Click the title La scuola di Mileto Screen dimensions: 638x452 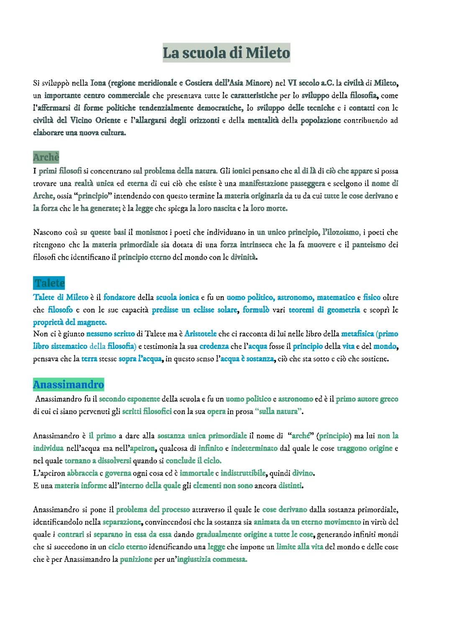226,53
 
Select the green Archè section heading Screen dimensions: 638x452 46,157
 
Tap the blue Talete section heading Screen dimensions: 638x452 49,283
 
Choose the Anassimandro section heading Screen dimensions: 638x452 68,384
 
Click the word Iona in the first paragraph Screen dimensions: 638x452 98,83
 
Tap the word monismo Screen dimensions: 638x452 151,232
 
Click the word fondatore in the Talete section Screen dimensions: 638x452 119,297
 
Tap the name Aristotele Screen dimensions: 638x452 200,334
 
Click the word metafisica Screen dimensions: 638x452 357,334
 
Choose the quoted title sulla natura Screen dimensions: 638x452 278,412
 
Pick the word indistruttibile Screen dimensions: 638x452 243,473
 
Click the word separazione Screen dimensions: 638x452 122,522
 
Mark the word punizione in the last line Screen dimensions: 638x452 136,559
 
